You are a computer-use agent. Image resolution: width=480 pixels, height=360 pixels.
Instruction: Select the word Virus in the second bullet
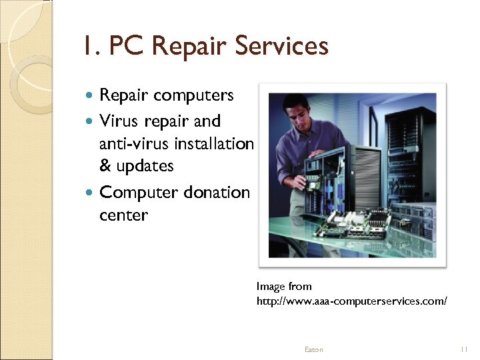pyautogui.click(x=118, y=121)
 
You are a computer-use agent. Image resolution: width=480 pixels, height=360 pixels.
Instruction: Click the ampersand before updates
pyautogui.click(x=105, y=166)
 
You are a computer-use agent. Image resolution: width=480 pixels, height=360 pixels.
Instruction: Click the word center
pyautogui.click(x=123, y=215)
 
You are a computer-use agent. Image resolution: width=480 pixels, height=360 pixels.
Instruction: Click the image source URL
pyautogui.click(x=351, y=301)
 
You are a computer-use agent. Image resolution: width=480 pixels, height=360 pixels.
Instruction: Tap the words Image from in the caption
pyautogui.click(x=284, y=287)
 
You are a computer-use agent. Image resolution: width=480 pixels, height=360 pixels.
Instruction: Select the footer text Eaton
pyautogui.click(x=313, y=349)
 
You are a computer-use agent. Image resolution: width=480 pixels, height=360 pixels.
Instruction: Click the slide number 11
pyautogui.click(x=465, y=349)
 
